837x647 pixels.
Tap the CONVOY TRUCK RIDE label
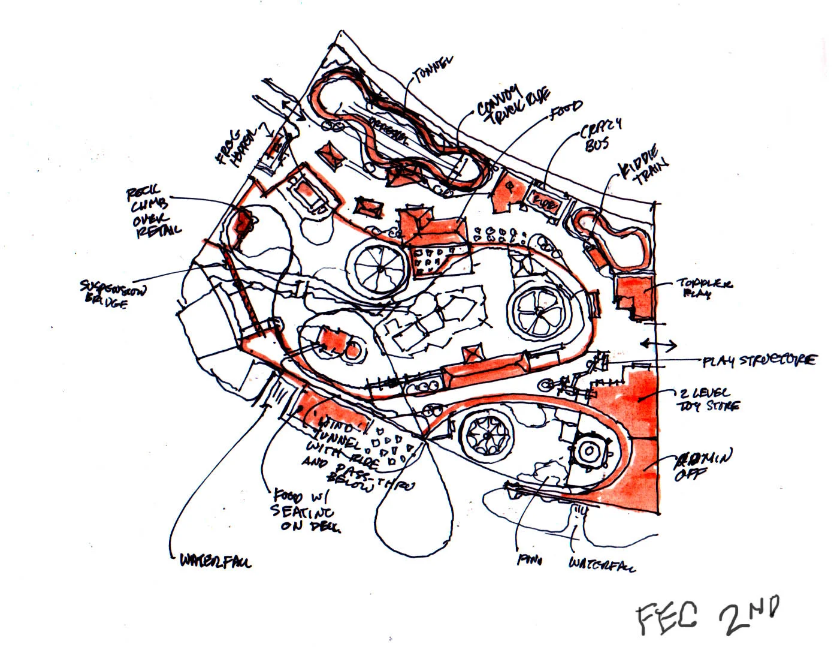(x=513, y=106)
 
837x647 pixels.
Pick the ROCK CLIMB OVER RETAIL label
(x=152, y=213)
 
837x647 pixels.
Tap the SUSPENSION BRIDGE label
(x=113, y=294)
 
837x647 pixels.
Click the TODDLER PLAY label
(x=704, y=288)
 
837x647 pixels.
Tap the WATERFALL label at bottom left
(x=216, y=561)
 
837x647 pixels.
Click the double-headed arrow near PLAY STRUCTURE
(x=658, y=345)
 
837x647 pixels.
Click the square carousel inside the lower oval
(x=591, y=450)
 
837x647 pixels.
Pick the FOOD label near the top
(x=566, y=108)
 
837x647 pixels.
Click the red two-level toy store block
(x=635, y=402)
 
